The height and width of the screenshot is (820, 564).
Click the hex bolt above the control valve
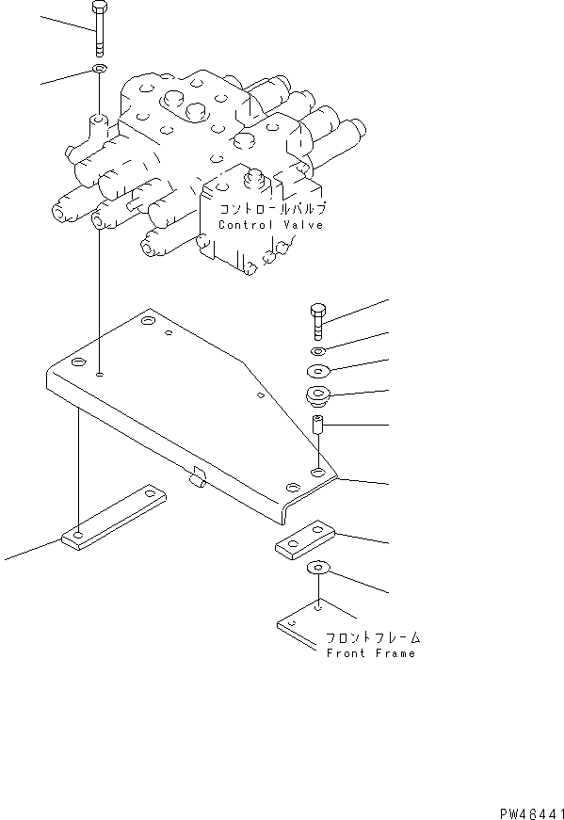pyautogui.click(x=100, y=29)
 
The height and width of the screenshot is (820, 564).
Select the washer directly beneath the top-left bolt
pyautogui.click(x=100, y=70)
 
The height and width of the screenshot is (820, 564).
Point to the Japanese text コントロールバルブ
pyautogui.click(x=272, y=210)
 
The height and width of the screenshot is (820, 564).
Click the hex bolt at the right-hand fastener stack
pyautogui.click(x=317, y=324)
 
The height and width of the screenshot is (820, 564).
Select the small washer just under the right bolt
pyautogui.click(x=317, y=351)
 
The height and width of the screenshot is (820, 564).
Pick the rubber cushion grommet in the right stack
pyautogui.click(x=318, y=395)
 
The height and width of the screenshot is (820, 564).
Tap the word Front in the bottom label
pyautogui.click(x=346, y=653)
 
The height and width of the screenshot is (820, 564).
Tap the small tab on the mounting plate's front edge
pyautogui.click(x=196, y=480)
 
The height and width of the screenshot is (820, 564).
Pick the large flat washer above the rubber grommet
pyautogui.click(x=317, y=370)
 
